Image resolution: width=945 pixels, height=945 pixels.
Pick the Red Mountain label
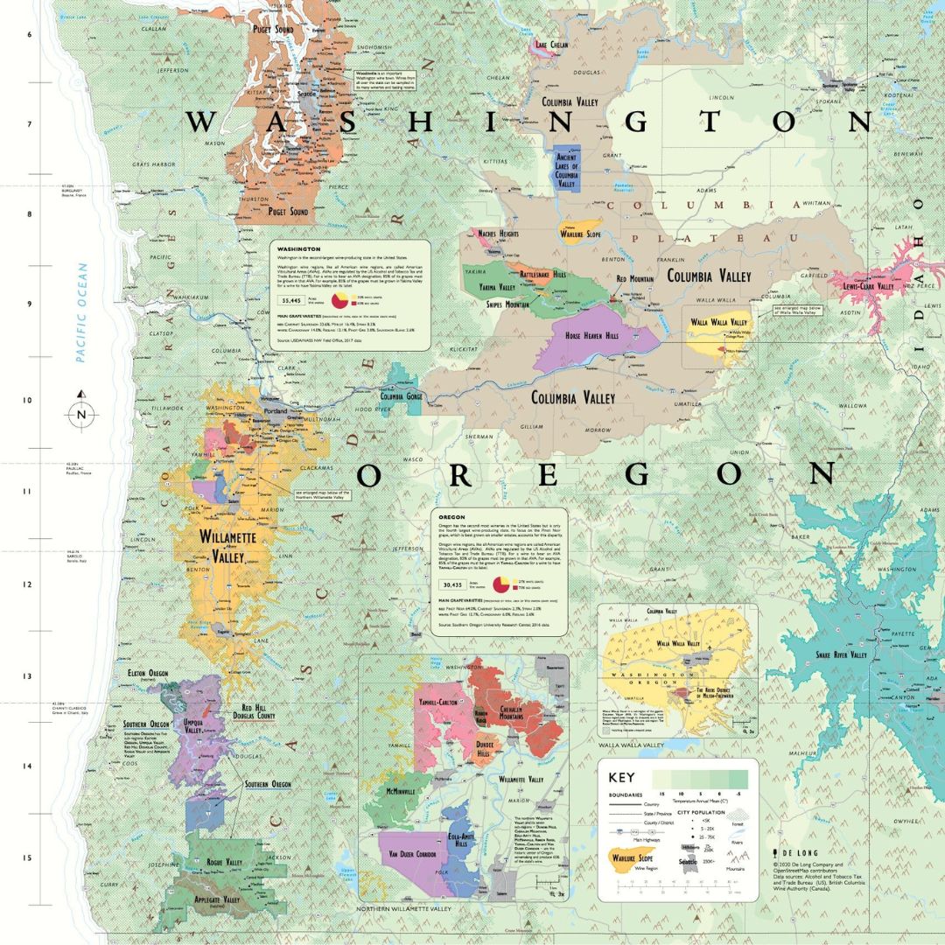(x=634, y=279)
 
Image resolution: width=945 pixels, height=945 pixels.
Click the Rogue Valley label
(x=223, y=862)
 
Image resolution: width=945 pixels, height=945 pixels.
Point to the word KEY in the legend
(x=621, y=777)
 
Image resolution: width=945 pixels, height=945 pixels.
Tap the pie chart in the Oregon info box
(x=504, y=584)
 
